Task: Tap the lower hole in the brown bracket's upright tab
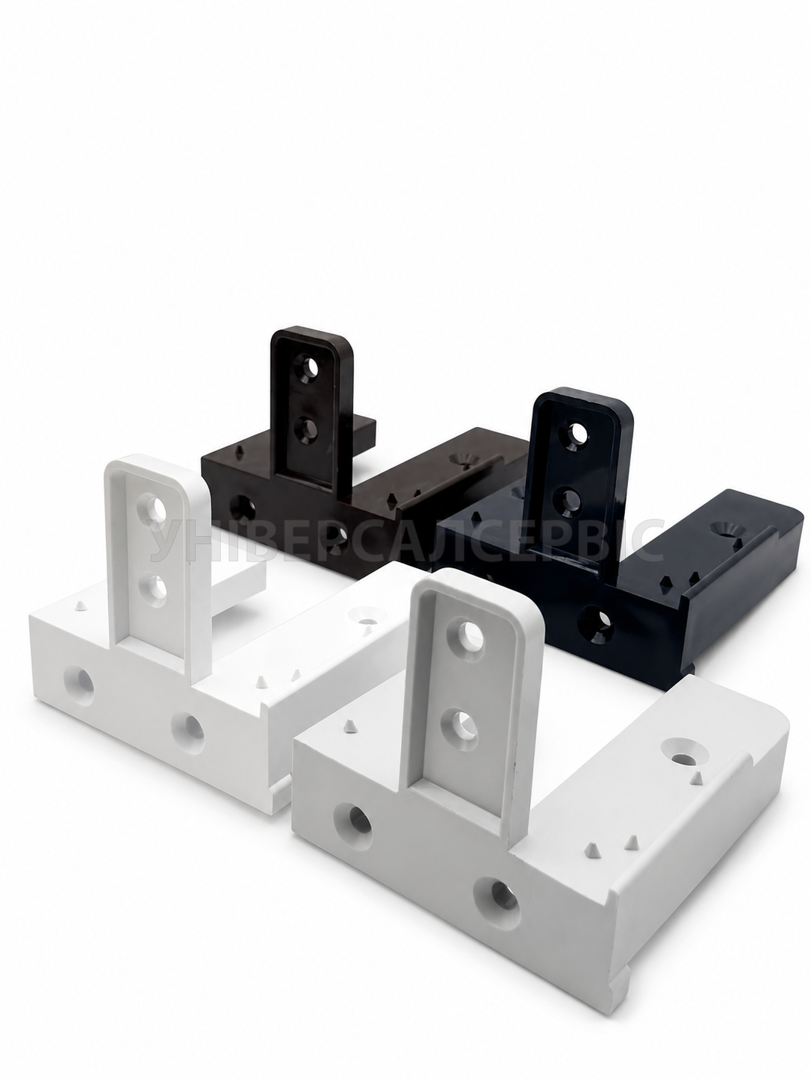(x=305, y=429)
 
